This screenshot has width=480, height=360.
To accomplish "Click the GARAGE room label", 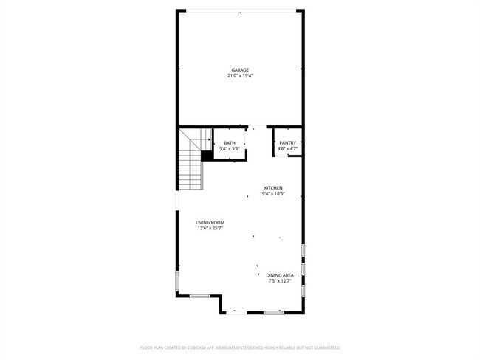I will coord(239,70).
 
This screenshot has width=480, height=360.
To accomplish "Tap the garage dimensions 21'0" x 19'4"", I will coord(239,76).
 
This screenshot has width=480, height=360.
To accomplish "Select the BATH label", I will coord(230,143).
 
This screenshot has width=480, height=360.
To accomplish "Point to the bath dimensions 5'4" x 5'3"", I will coord(230,149).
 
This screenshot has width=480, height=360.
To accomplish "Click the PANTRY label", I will coord(287,143).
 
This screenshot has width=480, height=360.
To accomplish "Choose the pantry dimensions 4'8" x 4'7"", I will coord(287,149).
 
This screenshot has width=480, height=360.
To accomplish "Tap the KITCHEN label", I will coord(273,188).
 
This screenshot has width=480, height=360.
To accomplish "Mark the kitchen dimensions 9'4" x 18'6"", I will coord(273,194).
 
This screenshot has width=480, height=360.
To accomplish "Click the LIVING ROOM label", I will coord(210,223).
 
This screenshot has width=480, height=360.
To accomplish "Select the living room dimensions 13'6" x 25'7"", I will coord(210,229).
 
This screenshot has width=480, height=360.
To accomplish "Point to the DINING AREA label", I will coord(280,275).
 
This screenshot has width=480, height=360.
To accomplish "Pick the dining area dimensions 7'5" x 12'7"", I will coord(280,281).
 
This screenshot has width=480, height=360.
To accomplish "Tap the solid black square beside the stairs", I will coord(207,156).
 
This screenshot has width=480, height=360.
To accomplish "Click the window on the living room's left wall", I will coord(176,281).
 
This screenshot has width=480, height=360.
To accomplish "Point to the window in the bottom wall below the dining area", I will coord(273,313).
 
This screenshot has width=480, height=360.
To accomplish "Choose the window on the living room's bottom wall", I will coord(199,296).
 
